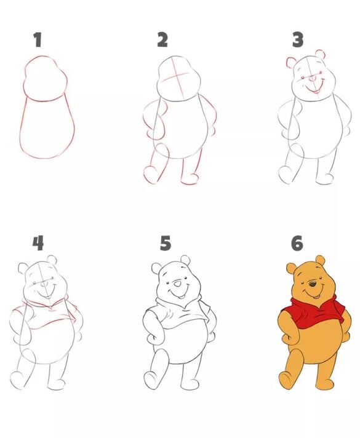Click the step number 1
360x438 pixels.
point(38,41)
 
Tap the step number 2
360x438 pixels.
point(162,41)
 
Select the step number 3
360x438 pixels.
point(298,41)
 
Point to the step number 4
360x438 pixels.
point(38,244)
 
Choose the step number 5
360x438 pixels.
point(165,244)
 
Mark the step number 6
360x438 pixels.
point(297,244)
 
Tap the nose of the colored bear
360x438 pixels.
point(313,284)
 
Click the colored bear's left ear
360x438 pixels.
point(291,268)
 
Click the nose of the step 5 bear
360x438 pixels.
point(177,284)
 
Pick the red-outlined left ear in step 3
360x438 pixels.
point(291,62)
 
